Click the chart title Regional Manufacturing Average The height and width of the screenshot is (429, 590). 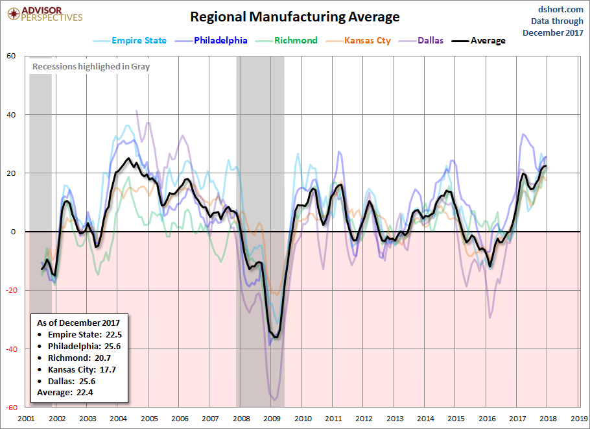point(295,17)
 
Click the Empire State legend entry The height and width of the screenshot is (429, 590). point(139,40)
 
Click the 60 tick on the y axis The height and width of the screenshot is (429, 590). point(11,56)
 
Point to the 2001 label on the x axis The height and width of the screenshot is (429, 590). point(26,419)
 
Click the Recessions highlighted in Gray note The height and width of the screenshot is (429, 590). point(91,66)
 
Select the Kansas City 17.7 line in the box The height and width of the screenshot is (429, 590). point(81,369)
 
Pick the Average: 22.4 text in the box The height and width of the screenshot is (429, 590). point(65,393)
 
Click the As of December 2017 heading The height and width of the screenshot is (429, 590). point(78,323)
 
